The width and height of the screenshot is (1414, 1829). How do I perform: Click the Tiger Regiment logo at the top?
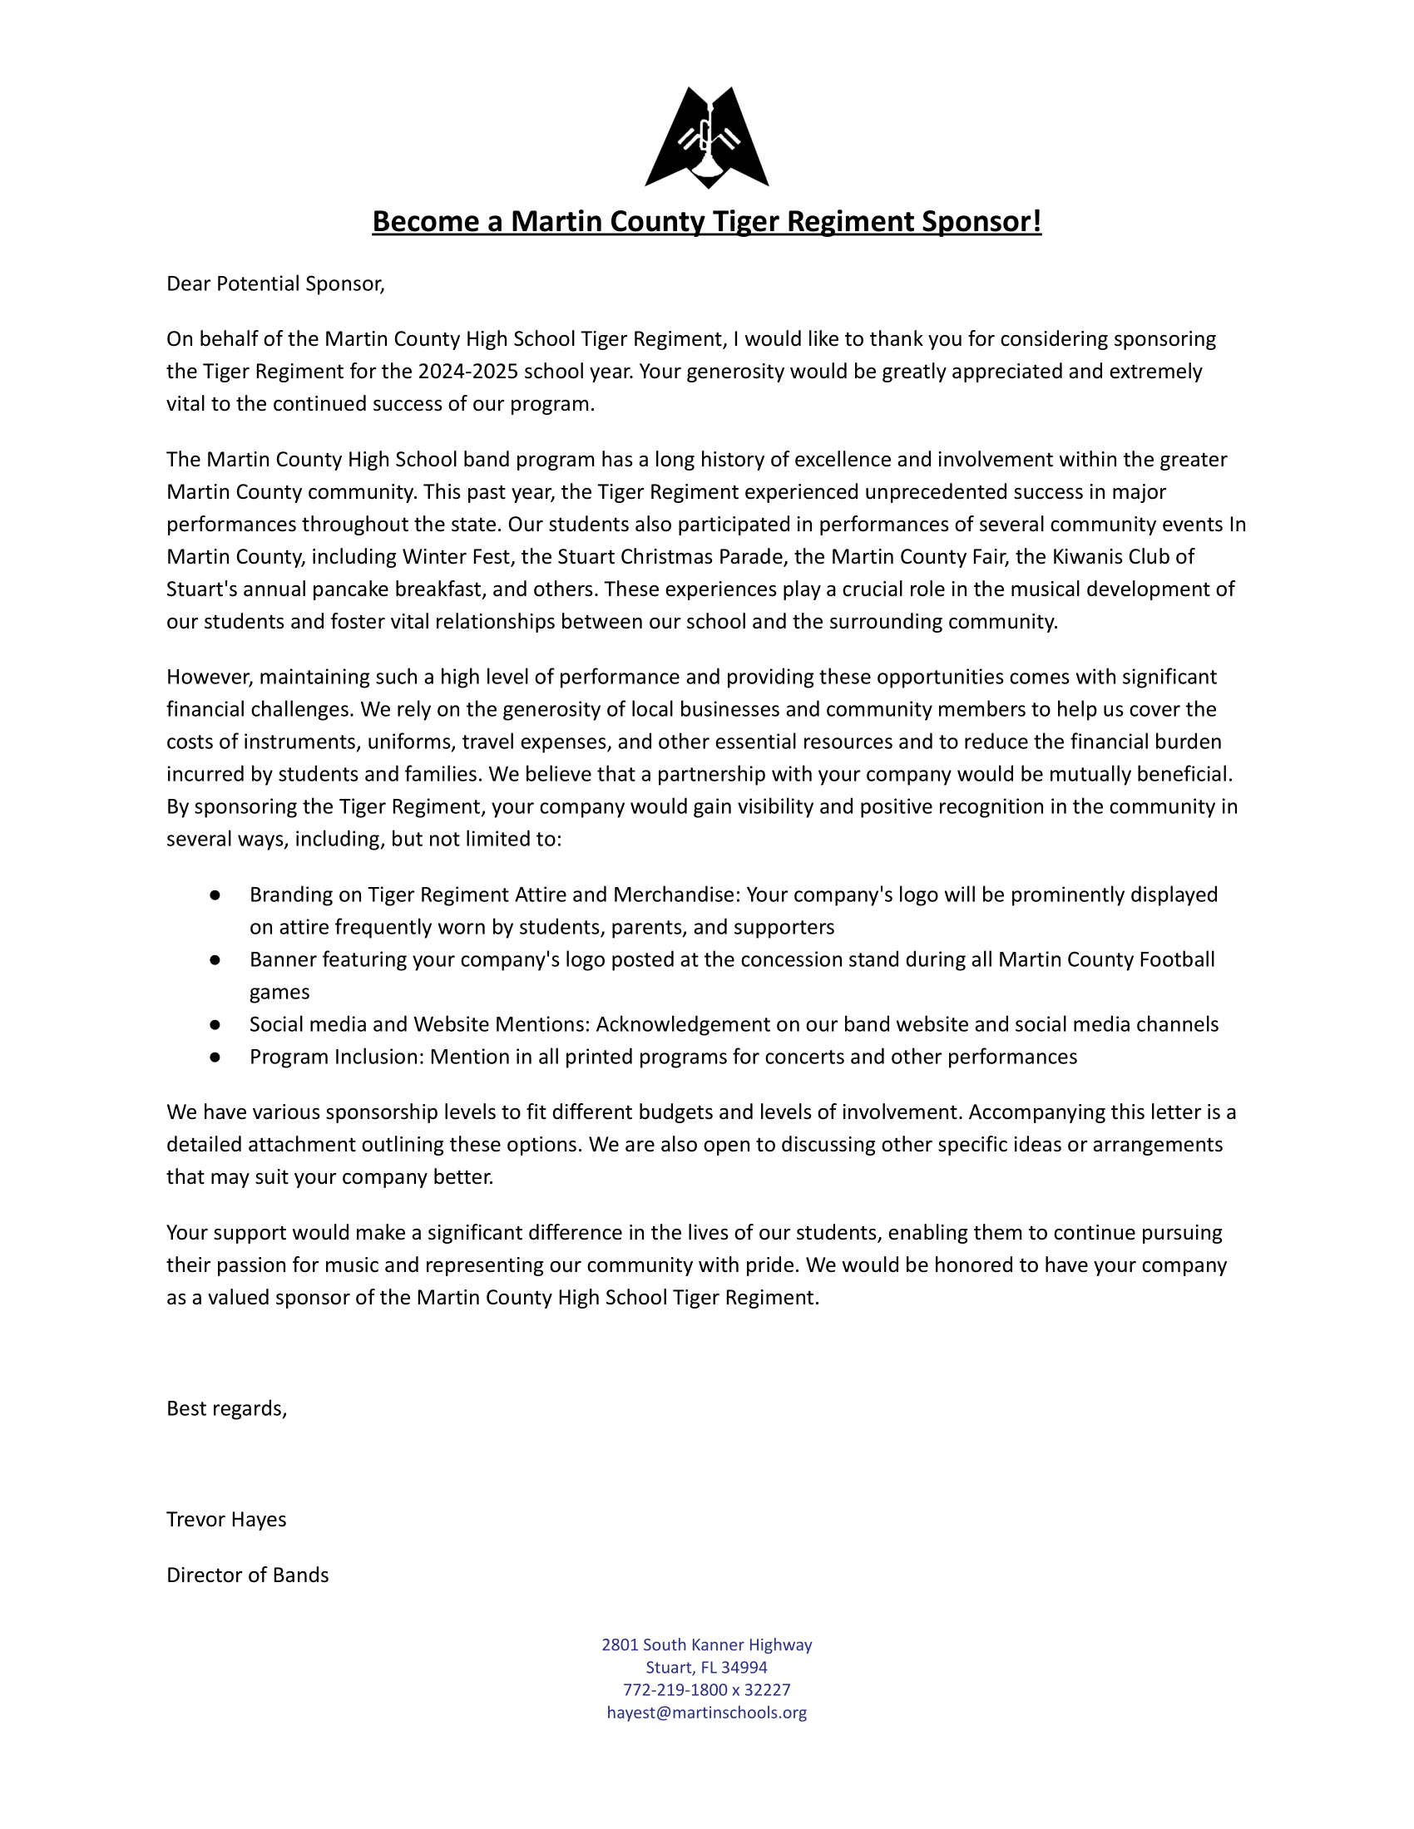706,136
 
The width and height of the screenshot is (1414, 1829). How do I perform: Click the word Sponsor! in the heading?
981,221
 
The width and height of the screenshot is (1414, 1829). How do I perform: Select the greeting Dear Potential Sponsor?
275,283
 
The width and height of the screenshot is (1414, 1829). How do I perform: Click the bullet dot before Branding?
215,895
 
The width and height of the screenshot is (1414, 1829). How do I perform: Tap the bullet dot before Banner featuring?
215,959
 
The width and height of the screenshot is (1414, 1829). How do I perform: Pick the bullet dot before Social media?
215,1025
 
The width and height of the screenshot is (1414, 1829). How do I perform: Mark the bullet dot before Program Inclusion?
215,1057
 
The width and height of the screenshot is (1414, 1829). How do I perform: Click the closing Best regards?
226,1408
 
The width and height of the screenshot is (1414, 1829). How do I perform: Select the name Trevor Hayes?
226,1520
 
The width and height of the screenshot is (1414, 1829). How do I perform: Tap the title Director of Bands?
247,1575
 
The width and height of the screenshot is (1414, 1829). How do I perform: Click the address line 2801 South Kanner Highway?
706,1644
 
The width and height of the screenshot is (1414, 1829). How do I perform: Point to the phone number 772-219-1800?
675,1690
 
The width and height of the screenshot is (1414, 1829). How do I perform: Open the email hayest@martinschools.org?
706,1713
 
